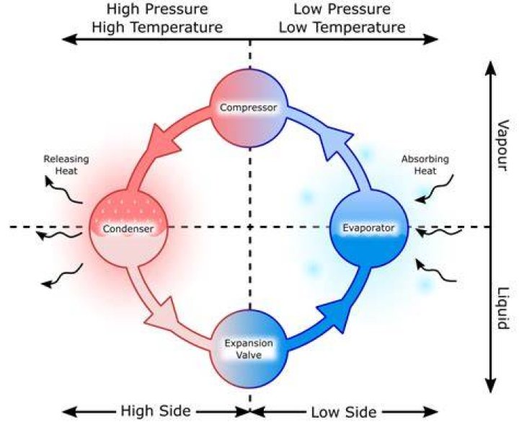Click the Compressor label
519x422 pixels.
tap(248, 107)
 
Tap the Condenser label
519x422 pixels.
tap(128, 229)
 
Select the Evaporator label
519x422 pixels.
tap(368, 228)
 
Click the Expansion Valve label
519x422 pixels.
tap(249, 349)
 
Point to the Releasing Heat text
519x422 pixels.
tap(66, 165)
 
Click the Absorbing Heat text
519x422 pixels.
tap(425, 165)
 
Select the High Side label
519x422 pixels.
tap(156, 410)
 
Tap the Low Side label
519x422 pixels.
tap(344, 412)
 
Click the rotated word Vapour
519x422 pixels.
tap(503, 146)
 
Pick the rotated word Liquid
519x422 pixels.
tap(503, 308)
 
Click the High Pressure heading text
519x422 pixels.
tap(157, 9)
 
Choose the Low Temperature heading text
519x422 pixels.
tap(342, 27)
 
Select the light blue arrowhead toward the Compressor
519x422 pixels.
tap(337, 142)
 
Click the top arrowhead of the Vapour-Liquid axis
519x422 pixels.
tap(491, 69)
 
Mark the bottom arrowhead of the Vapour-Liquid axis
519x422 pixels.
tap(491, 385)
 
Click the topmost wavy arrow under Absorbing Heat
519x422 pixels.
tap(435, 190)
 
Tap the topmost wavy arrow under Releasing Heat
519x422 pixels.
tap(63, 190)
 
